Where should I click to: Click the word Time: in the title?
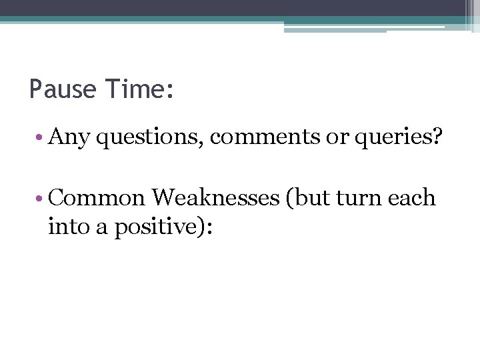click(139, 89)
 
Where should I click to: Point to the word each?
click(414, 198)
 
